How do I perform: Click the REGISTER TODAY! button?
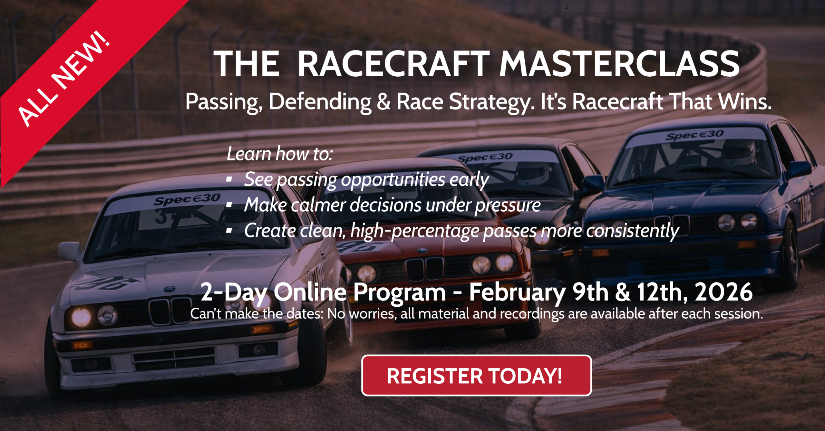click(x=476, y=376)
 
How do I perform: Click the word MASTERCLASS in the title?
click(x=619, y=64)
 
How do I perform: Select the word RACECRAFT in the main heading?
click(x=393, y=64)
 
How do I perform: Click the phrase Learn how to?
click(x=280, y=154)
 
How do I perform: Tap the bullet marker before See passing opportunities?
click(x=229, y=179)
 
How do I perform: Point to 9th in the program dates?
click(x=590, y=292)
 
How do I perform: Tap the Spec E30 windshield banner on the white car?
click(x=187, y=199)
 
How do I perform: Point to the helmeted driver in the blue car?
click(x=738, y=151)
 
